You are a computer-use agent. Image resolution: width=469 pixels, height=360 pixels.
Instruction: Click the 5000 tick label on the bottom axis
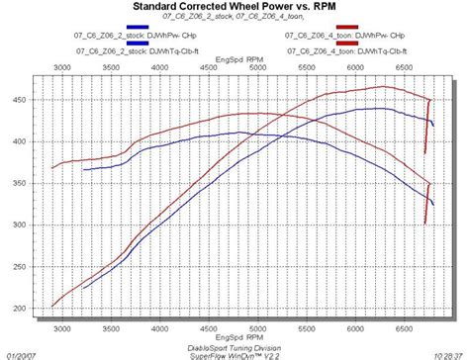pyautogui.click(x=256, y=329)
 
